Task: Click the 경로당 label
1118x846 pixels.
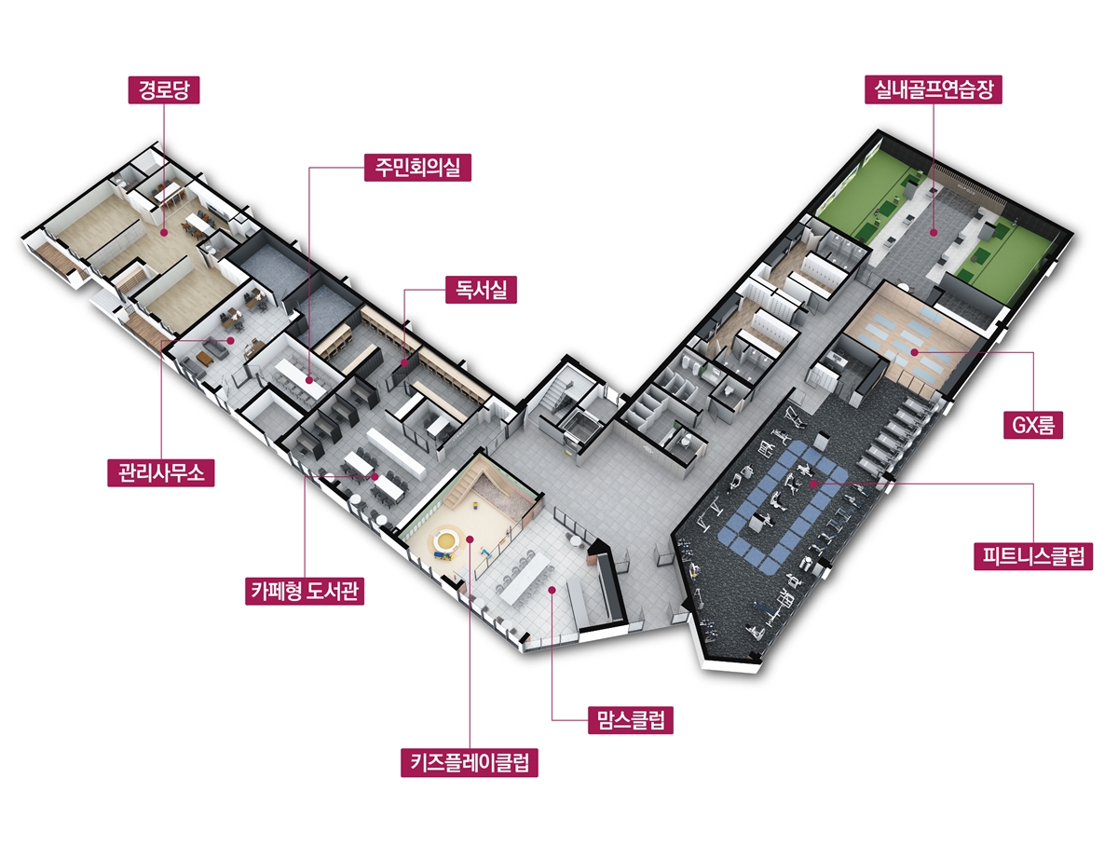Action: tap(164, 90)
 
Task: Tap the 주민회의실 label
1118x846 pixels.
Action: tap(418, 168)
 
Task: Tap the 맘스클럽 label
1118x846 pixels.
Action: tap(630, 720)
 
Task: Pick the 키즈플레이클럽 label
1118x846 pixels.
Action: tap(470, 763)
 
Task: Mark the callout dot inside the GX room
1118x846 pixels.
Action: tap(915, 352)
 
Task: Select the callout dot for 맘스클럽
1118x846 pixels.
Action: tap(552, 589)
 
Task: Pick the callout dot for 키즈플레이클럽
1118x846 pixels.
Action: tap(470, 538)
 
